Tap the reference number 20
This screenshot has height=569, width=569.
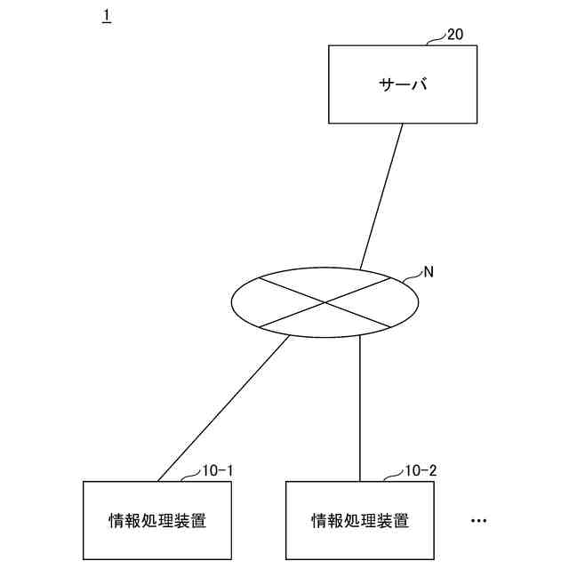[454, 35]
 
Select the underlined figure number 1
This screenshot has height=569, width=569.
[107, 17]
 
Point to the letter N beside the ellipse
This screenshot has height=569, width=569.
[429, 272]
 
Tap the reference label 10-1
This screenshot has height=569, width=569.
[218, 470]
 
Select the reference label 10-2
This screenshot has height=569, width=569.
[421, 470]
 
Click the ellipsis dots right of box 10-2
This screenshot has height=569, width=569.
[478, 520]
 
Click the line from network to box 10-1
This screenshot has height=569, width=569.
[222, 410]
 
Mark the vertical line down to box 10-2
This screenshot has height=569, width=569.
[360, 409]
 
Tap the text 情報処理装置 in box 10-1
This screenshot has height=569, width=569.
[156, 520]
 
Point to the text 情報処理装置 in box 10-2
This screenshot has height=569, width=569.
[360, 520]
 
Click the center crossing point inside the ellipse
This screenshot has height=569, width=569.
[325, 302]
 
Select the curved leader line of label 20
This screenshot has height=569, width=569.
[436, 40]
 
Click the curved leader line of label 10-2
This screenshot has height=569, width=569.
[392, 477]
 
